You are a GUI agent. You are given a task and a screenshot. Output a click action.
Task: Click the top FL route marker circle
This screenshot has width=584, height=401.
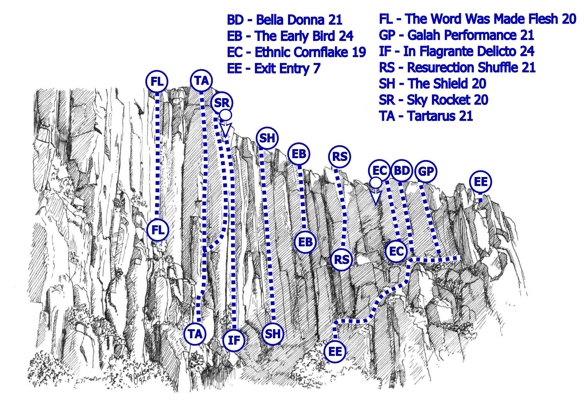pyautogui.click(x=157, y=82)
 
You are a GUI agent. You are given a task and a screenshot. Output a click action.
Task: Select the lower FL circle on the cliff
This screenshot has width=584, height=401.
pyautogui.click(x=158, y=230)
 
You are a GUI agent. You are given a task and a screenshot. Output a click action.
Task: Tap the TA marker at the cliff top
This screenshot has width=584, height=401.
pyautogui.click(x=201, y=81)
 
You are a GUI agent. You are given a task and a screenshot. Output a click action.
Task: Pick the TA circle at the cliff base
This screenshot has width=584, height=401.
pyautogui.click(x=195, y=334)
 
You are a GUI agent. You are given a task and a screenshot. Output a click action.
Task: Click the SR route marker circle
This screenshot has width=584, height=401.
pyautogui.click(x=222, y=103)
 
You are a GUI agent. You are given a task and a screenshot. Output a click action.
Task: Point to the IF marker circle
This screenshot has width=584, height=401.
pyautogui.click(x=234, y=340)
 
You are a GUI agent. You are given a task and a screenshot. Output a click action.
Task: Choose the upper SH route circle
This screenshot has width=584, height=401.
pyautogui.click(x=267, y=138)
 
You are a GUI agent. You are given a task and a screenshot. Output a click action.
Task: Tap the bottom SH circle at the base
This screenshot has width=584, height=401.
pyautogui.click(x=273, y=334)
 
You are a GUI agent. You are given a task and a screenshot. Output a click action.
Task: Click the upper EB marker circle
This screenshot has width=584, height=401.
pyautogui.click(x=299, y=154)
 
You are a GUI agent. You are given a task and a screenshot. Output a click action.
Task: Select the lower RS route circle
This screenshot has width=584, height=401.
pyautogui.click(x=342, y=260)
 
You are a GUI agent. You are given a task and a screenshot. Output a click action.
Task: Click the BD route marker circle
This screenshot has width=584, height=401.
pyautogui.click(x=402, y=171)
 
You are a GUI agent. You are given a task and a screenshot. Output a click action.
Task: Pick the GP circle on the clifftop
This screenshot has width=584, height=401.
pyautogui.click(x=426, y=171)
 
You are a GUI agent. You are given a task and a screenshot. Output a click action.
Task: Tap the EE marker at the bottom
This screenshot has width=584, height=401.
pyautogui.click(x=335, y=352)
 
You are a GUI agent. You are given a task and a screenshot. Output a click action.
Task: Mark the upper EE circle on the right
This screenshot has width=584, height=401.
pyautogui.click(x=480, y=182)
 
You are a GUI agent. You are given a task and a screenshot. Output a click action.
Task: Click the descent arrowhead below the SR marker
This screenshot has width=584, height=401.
pyautogui.click(x=225, y=129)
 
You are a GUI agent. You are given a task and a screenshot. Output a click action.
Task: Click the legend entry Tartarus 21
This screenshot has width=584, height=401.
pyautogui.click(x=426, y=116)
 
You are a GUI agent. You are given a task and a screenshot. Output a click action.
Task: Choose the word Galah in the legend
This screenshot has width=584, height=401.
pyautogui.click(x=423, y=35)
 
